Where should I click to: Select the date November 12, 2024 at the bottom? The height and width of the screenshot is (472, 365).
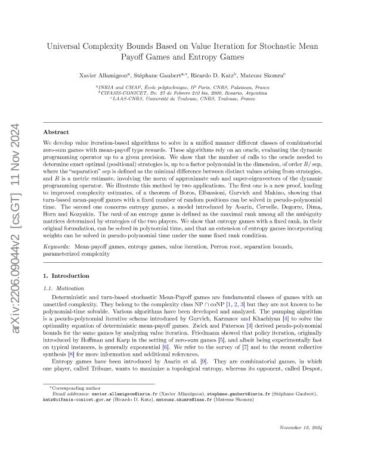click(x=301, y=445)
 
